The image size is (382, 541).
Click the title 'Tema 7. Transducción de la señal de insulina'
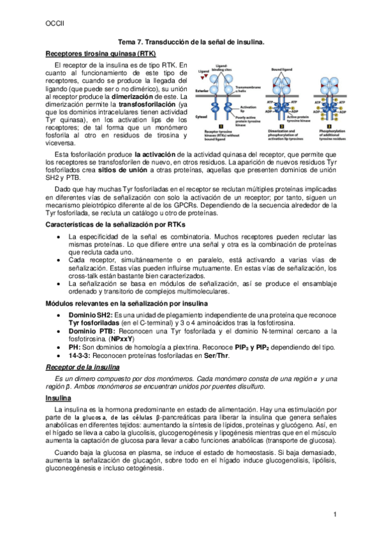coord(191,41)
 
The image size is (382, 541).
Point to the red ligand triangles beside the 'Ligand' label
coord(203,77)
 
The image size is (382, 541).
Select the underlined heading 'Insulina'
coord(59,397)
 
